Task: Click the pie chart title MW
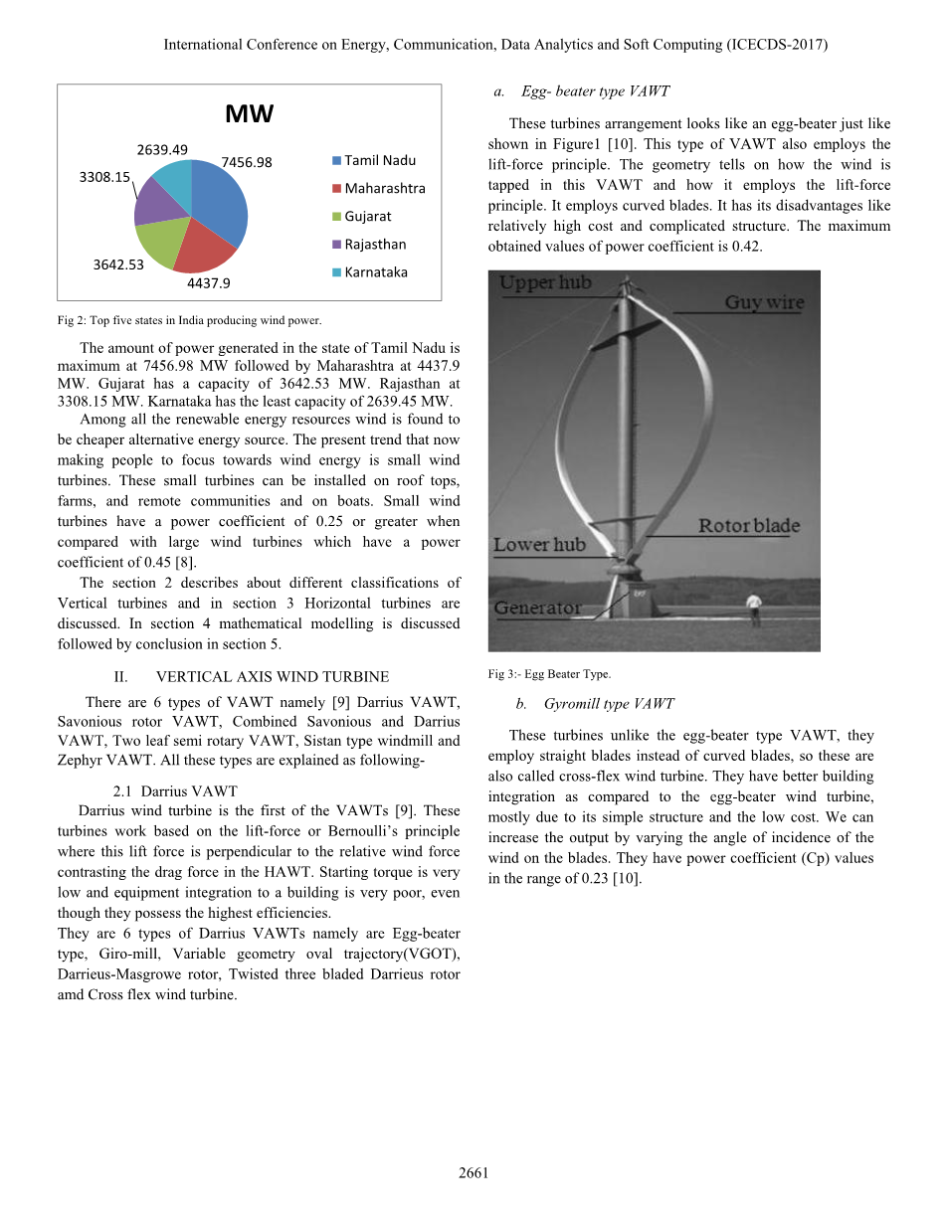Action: coord(249,114)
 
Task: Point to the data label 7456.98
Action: coord(246,162)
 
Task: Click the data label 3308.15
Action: coord(104,177)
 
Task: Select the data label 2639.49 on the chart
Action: coord(162,149)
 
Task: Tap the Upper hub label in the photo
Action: coord(545,283)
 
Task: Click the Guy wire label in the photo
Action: coord(764,302)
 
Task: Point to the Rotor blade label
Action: coord(748,526)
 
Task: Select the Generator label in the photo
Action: coord(538,608)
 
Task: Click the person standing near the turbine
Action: coord(755,604)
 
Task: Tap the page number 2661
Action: coord(473,1173)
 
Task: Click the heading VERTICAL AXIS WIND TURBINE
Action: coord(272,677)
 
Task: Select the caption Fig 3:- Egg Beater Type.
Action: coord(549,674)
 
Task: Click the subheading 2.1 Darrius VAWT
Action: coord(175,791)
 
